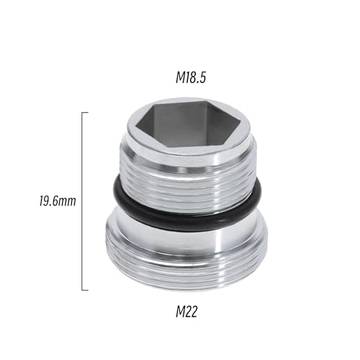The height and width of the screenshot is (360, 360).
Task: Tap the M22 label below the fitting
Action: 186,312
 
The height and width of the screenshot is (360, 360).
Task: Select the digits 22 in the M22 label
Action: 192,312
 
